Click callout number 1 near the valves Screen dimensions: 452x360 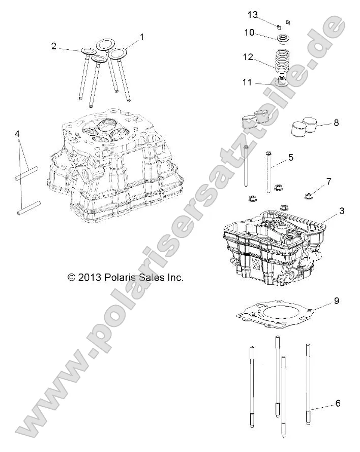coord(142,37)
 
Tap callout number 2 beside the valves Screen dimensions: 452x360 coord(53,46)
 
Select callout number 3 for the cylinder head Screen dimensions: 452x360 coord(327,210)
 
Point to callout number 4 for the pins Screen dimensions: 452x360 coord(17,134)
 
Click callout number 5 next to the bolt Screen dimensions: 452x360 coord(291,158)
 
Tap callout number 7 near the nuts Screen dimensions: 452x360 coord(329,181)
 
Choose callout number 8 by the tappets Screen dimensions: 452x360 coord(336,123)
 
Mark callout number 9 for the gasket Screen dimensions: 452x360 coord(337,300)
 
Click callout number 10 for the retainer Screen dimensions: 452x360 coord(249,33)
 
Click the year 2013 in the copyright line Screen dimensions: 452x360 coord(89,278)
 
